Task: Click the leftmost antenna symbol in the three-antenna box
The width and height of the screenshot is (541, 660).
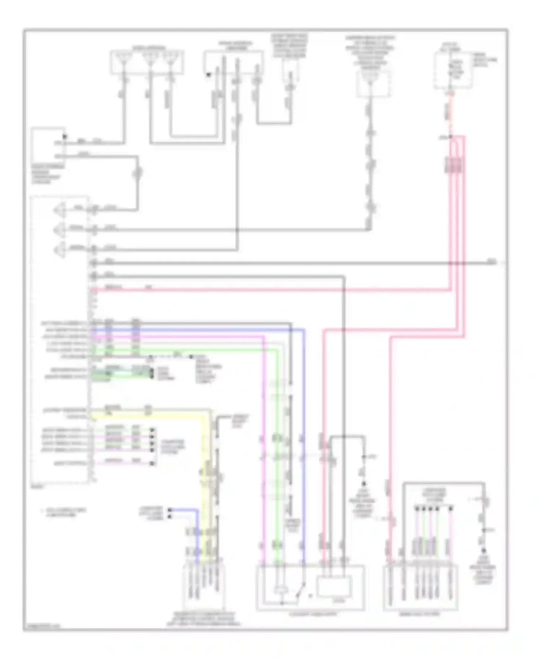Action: coord(124,58)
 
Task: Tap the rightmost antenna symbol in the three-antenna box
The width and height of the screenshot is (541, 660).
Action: coord(170,58)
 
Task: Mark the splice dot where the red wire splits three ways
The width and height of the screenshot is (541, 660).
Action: coord(450,138)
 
